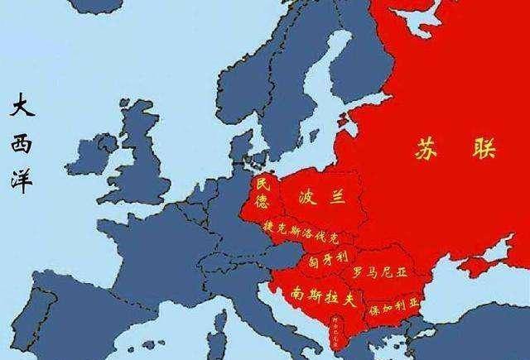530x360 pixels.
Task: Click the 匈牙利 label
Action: click(330, 257)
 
